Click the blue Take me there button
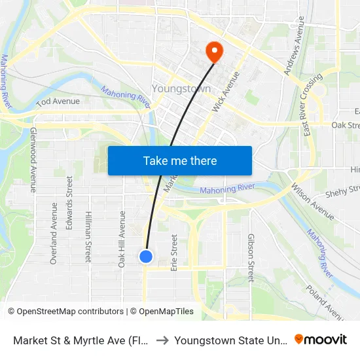[180, 160]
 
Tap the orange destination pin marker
[214, 50]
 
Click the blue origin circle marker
[146, 257]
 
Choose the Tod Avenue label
[58, 101]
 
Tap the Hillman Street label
[88, 236]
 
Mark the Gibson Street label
[251, 258]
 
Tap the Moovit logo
[321, 340]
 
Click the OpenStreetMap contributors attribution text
[65, 312]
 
